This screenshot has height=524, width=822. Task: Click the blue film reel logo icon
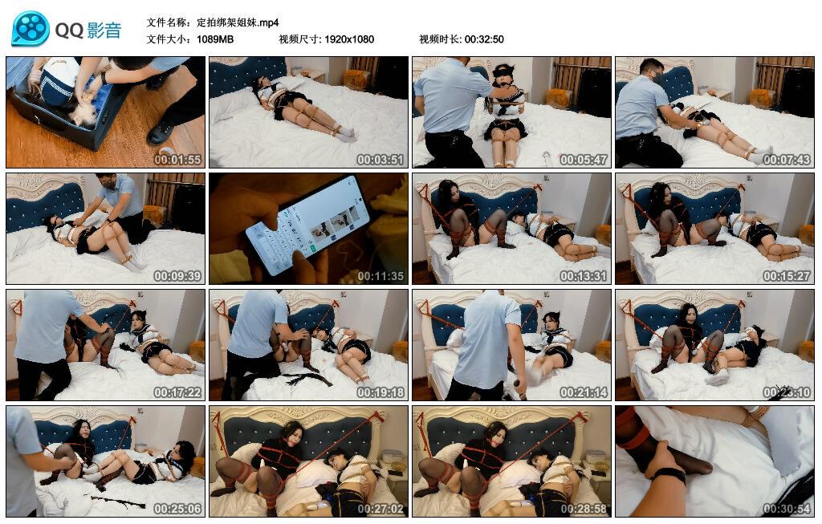coord(30,29)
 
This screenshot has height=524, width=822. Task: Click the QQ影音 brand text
coord(88,30)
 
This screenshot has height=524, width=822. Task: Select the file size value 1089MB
coord(215,39)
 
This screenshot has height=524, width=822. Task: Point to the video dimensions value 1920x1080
coord(349,39)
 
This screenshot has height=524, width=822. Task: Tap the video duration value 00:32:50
coord(484,39)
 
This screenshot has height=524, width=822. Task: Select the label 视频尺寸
coord(299,39)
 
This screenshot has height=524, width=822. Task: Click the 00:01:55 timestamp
coord(177,160)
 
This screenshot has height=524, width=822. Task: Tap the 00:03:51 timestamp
coord(380,160)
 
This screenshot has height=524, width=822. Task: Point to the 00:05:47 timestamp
coord(584,160)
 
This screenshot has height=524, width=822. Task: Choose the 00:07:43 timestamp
coord(787,160)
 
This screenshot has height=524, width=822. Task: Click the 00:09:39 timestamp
coord(177,276)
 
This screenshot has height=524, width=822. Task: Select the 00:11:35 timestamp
coord(380,276)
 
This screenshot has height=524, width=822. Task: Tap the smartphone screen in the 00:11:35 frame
coord(309,225)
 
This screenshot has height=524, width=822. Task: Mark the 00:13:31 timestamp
coord(584,276)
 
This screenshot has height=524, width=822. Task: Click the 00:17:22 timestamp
coord(177,392)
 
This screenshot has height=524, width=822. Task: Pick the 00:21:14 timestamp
coord(584,392)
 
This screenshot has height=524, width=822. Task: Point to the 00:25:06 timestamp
coord(177,509)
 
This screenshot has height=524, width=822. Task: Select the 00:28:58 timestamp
coord(584,509)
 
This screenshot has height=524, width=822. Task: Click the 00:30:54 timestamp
coord(787,509)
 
